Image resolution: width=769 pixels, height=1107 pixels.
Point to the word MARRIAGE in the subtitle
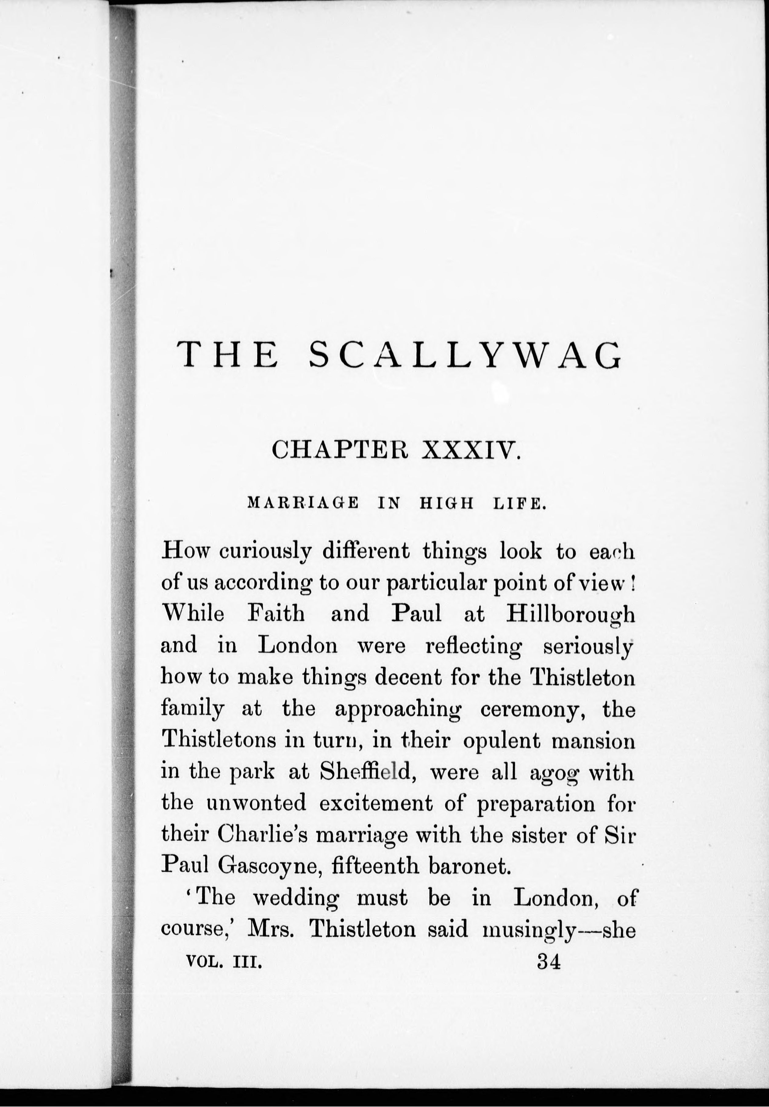(x=303, y=504)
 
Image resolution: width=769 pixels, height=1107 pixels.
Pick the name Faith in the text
(x=276, y=614)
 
